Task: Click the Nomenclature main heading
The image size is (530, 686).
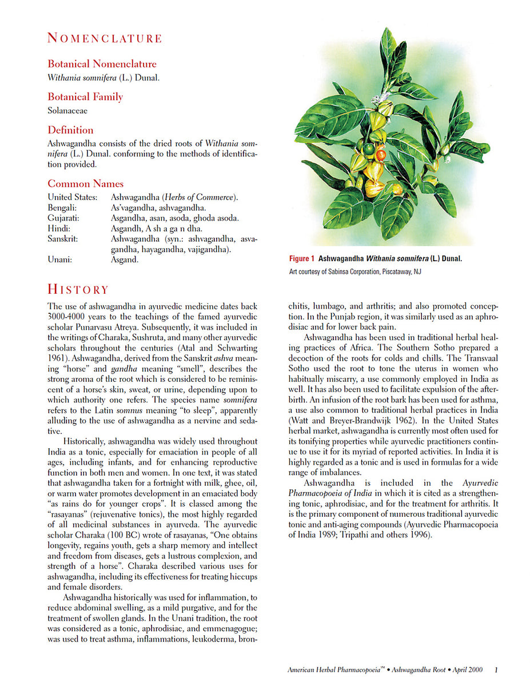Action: (105, 38)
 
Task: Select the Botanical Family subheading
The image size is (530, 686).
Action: (85, 97)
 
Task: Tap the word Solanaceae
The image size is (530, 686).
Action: (67, 110)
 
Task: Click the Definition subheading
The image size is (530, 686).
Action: (70, 130)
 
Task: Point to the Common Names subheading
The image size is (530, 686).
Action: (86, 184)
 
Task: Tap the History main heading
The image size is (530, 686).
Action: (78, 289)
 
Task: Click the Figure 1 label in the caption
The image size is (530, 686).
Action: (301, 258)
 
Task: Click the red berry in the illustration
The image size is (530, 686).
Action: (380, 154)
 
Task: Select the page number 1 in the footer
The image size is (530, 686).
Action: (496, 669)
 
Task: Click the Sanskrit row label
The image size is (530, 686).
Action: (63, 238)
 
